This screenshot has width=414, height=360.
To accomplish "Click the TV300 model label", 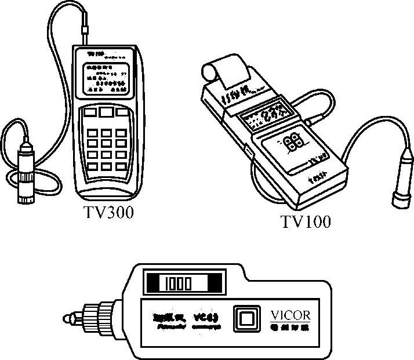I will point(108,213).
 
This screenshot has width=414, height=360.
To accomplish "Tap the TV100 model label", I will point(306,222).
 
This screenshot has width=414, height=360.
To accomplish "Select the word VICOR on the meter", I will point(290,315).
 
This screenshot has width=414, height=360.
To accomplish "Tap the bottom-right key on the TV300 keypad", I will point(121,166).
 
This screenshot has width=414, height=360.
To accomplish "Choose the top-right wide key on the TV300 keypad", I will point(123,111).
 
